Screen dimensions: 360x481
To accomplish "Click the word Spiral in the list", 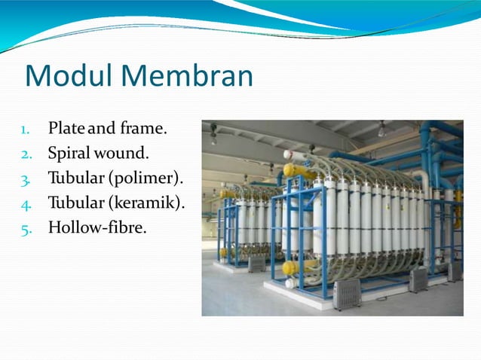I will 69,154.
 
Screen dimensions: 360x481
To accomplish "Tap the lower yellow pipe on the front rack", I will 290,267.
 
